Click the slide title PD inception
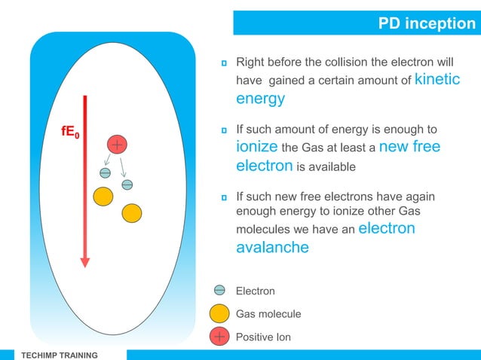pyautogui.click(x=426, y=24)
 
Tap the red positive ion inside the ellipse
pyautogui.click(x=118, y=144)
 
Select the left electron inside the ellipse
pyautogui.click(x=106, y=173)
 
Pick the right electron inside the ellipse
pyautogui.click(x=127, y=185)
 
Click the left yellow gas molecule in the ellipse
pyautogui.click(x=103, y=197)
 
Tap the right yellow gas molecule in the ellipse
pyautogui.click(x=131, y=213)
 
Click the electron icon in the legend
pyautogui.click(x=219, y=290)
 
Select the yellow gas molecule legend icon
pyautogui.click(x=219, y=313)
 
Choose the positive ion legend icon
pyautogui.click(x=219, y=337)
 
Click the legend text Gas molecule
pyautogui.click(x=268, y=314)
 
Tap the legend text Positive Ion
pyautogui.click(x=263, y=337)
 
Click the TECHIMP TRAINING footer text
pyautogui.click(x=58, y=355)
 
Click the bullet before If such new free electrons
pyautogui.click(x=224, y=198)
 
